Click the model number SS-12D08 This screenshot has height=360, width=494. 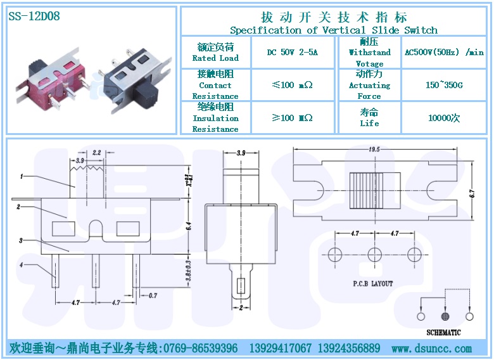[x=34, y=16]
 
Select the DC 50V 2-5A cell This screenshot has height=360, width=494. [x=292, y=53]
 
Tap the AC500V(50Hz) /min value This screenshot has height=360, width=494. [x=444, y=53]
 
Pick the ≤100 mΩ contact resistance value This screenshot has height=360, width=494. [x=292, y=85]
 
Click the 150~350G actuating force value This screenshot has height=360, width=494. [x=444, y=85]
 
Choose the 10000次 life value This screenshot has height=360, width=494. [x=444, y=118]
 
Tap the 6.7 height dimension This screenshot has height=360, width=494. [x=471, y=193]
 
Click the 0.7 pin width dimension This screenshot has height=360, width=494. [x=153, y=295]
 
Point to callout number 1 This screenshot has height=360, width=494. [x=22, y=176]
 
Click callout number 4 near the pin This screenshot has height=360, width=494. [x=22, y=264]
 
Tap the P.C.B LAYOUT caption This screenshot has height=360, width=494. [x=373, y=283]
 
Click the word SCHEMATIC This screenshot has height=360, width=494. [x=443, y=332]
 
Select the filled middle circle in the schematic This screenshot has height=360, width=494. [x=445, y=316]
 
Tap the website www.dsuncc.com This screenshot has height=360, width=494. [x=432, y=349]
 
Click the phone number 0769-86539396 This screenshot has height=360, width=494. [x=200, y=349]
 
